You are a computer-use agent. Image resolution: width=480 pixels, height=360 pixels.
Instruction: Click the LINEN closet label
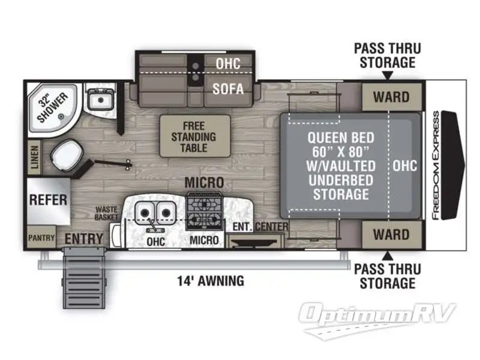click(34, 159)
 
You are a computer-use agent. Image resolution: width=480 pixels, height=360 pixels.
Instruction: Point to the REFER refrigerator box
click(48, 199)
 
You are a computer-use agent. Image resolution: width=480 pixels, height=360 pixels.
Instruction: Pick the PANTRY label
click(41, 238)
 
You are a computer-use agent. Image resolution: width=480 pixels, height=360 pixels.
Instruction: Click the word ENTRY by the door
click(83, 239)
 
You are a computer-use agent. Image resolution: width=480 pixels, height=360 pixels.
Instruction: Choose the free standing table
click(194, 136)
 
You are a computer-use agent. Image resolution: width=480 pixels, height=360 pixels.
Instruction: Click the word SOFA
click(229, 89)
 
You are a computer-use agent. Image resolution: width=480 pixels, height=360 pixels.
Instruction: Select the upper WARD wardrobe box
click(391, 96)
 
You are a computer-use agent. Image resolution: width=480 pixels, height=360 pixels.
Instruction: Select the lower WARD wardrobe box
click(391, 233)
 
